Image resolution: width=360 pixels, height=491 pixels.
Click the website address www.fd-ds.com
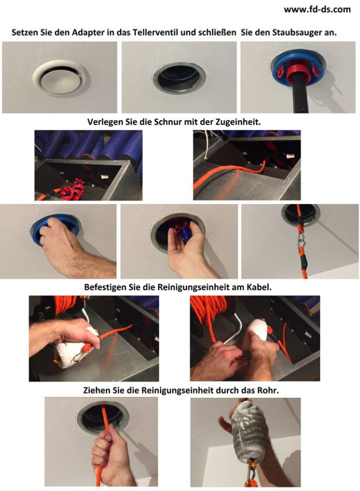pos(317,10)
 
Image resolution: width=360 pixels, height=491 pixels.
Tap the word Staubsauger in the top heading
pos(296,33)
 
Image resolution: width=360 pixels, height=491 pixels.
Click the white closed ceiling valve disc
pos(61,78)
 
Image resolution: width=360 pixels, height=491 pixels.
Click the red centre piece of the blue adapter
pos(297,70)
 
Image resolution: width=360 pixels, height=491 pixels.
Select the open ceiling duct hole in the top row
pos(179,77)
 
